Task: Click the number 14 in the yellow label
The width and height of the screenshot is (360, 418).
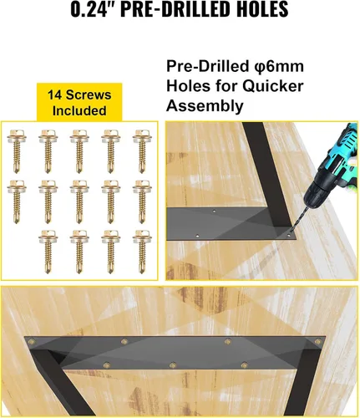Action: tap(54, 94)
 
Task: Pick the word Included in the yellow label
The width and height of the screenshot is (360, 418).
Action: tap(79, 110)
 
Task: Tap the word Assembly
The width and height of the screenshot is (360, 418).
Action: tap(205, 106)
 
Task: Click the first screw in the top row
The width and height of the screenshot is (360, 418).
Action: tap(17, 151)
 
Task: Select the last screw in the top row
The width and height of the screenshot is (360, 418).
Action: tap(142, 151)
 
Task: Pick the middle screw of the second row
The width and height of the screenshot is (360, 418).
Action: tap(79, 201)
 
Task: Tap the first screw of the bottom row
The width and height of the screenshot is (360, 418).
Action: tap(48, 252)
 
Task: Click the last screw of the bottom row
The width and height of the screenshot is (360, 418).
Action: tap(142, 252)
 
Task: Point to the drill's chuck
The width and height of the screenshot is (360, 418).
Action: tap(312, 194)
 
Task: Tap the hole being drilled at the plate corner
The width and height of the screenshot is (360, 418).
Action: tap(289, 236)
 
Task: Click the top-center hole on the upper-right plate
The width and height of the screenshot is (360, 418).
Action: tap(214, 211)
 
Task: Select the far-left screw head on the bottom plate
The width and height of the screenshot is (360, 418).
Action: tap(32, 341)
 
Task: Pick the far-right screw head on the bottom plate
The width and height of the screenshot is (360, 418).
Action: tap(317, 341)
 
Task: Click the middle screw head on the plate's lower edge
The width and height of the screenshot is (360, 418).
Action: tap(173, 364)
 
